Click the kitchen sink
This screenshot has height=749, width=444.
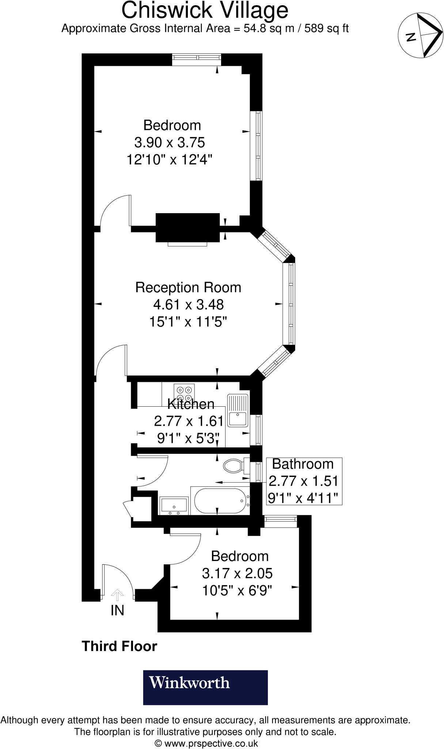tap(238, 410)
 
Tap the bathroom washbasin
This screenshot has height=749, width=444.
tap(174, 505)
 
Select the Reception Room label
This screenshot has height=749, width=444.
tap(188, 287)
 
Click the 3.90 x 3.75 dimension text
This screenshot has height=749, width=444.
tap(170, 142)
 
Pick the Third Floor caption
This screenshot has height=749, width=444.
tap(119, 646)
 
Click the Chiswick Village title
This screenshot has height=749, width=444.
tap(205, 10)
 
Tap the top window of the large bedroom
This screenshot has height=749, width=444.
tap(197, 58)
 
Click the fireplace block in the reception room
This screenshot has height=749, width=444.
tap(187, 227)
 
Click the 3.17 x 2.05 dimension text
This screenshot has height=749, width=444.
tap(237, 573)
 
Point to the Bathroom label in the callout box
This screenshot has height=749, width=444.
tap(303, 464)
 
